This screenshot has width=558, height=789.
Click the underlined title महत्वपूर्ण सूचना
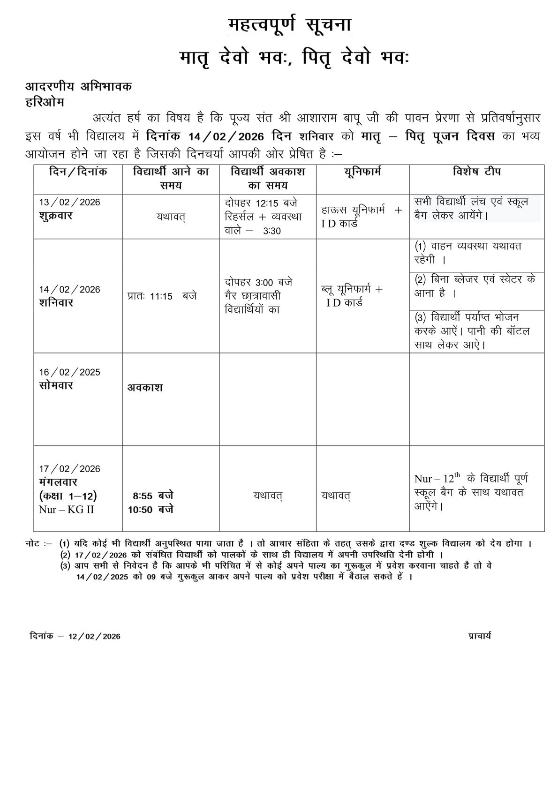point(289,25)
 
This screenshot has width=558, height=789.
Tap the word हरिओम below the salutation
point(45,102)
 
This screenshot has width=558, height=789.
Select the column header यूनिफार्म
point(362,172)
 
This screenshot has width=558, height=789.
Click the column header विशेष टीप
point(476,172)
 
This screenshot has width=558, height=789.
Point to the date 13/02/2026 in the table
point(69,203)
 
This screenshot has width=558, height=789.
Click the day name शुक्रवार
point(56,216)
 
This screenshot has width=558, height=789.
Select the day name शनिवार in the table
point(56,303)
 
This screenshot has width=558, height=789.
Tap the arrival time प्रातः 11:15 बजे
point(162,296)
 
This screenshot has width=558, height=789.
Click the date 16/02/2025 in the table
point(69,372)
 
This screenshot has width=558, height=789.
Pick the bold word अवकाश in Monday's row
point(145,388)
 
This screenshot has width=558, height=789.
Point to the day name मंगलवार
point(58,482)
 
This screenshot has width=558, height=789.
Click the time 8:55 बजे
point(153,496)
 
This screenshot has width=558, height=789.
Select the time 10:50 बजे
point(151,510)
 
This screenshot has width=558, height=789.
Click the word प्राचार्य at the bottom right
point(479,636)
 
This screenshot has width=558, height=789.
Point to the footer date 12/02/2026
point(94,636)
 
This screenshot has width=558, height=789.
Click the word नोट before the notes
point(33,544)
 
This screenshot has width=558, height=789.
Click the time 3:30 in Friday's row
point(272,231)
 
